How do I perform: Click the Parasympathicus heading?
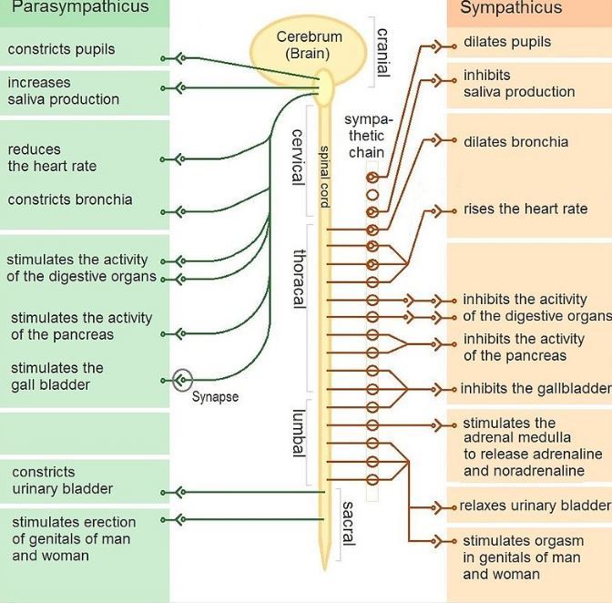(79, 8)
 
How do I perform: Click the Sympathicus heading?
(511, 9)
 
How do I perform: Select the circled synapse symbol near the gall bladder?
(182, 379)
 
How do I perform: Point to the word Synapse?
(215, 397)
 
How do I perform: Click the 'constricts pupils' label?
(61, 49)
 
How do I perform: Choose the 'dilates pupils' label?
(506, 42)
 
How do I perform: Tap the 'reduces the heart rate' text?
(52, 158)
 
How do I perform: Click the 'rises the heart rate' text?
(525, 209)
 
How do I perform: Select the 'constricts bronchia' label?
(70, 199)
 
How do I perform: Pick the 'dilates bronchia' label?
(515, 142)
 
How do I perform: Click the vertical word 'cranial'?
(382, 51)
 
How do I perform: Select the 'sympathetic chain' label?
(367, 136)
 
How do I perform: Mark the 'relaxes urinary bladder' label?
(535, 506)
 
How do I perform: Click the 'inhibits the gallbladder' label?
(535, 389)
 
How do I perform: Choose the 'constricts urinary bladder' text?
(62, 480)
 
